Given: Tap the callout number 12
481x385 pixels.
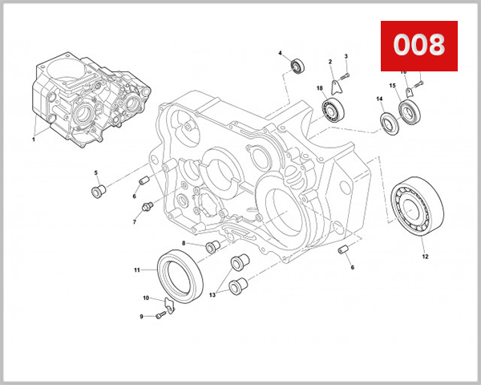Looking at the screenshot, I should (425, 257).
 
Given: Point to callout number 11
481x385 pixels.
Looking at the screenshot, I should (137, 269).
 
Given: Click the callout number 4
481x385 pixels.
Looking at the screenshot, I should (280, 54).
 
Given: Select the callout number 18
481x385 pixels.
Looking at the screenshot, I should (319, 88).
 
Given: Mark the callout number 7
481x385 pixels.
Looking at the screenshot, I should (134, 221).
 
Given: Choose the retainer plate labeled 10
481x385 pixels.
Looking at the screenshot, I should (168, 303).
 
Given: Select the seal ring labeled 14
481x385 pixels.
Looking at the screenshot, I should (389, 124).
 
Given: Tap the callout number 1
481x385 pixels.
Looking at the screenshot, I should (34, 139).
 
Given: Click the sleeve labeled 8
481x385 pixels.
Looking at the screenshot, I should (213, 246).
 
